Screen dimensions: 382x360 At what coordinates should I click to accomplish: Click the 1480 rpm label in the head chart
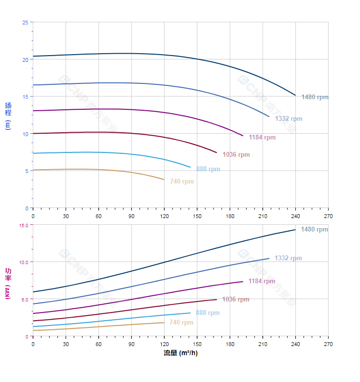click(x=315, y=97)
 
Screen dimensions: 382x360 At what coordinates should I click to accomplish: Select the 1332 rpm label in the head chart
click(x=288, y=118)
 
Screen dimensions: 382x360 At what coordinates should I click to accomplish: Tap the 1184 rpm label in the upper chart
click(x=262, y=137)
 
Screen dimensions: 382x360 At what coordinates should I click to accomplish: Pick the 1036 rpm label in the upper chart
click(x=236, y=154)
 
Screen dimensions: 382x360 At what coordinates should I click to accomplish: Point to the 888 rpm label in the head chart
click(x=208, y=169)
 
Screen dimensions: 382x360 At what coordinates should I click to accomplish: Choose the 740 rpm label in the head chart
click(x=181, y=181)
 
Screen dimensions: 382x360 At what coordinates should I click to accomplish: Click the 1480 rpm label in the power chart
click(x=314, y=229)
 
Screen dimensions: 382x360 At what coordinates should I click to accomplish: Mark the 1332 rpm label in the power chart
click(x=288, y=258)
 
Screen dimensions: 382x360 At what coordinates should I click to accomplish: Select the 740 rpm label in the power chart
click(x=181, y=322)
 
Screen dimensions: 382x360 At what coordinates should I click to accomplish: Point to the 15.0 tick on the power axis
click(x=23, y=225)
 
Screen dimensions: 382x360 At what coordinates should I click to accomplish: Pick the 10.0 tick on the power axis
click(x=23, y=262)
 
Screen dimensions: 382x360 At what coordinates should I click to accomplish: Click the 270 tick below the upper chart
click(x=328, y=216)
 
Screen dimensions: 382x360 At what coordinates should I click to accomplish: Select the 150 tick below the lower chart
click(x=197, y=344)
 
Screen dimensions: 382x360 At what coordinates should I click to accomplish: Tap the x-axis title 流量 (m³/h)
click(x=180, y=353)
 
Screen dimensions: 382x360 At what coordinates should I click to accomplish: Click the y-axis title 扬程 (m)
click(x=8, y=116)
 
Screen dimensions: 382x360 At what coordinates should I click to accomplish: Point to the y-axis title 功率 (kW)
click(x=8, y=283)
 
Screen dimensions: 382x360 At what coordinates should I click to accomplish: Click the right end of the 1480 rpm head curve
click(x=295, y=95)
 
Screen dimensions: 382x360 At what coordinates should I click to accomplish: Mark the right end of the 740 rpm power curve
click(x=164, y=322)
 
